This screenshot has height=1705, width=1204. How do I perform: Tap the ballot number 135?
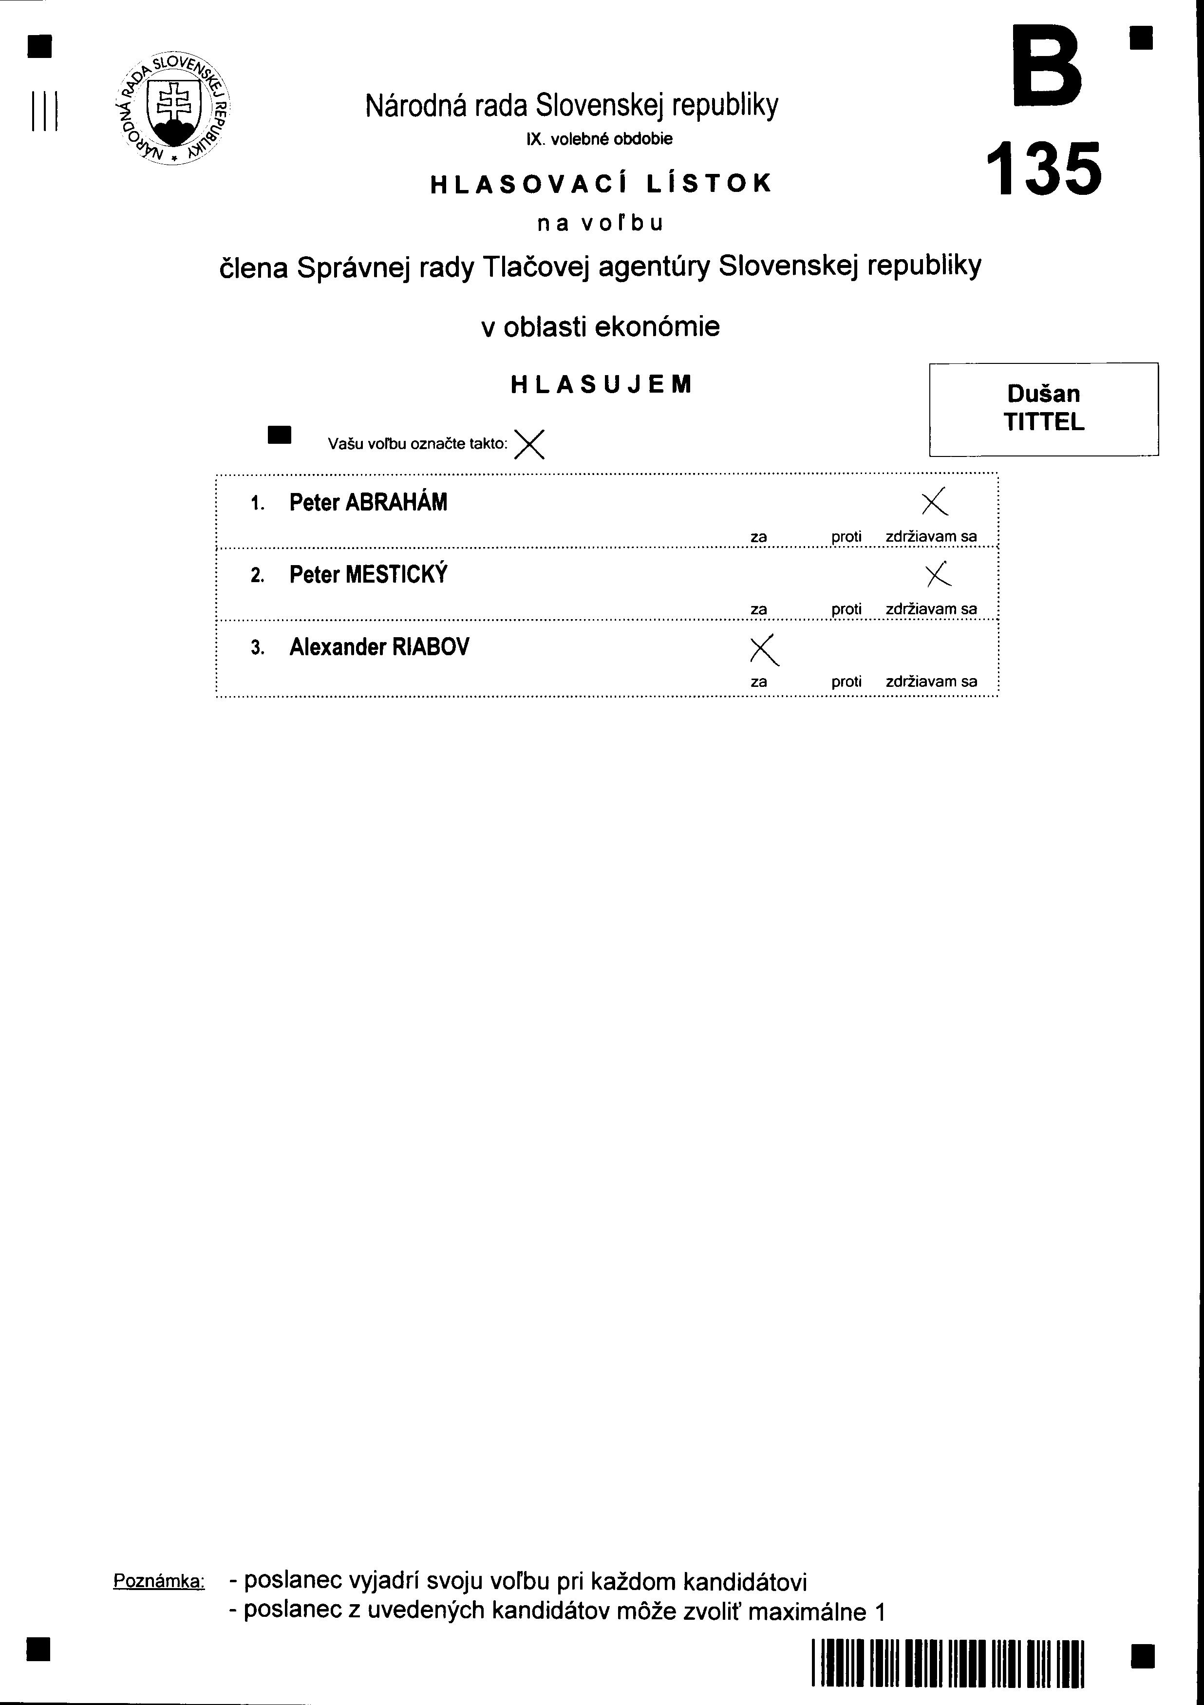click(x=1044, y=170)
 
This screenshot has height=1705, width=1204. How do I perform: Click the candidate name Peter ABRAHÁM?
click(x=368, y=503)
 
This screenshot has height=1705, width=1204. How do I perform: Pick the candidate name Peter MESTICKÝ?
click(x=368, y=575)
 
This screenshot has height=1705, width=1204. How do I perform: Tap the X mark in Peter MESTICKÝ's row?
click(x=938, y=573)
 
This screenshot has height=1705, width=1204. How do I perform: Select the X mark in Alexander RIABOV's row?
click(x=765, y=650)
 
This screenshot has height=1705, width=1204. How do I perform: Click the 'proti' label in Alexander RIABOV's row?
click(x=846, y=682)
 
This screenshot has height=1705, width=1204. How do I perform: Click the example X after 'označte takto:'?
click(x=529, y=444)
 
